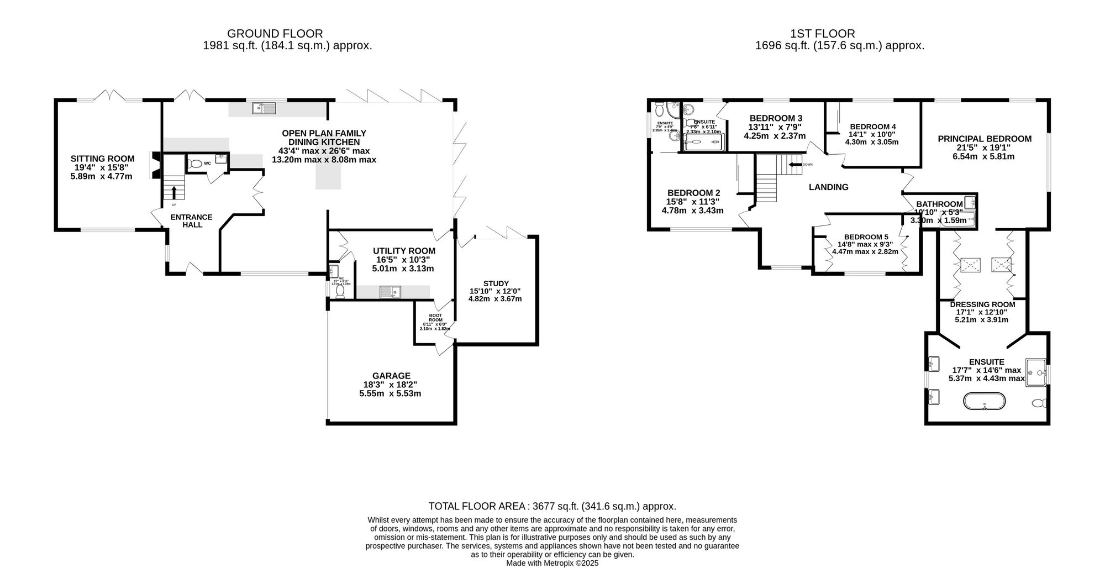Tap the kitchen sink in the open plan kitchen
coord(265,108)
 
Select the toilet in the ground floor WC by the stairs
coord(194,164)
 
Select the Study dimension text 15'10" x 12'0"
coord(495,291)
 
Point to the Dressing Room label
coord(982,304)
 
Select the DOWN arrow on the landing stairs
coord(795,164)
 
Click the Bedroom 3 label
coord(776,118)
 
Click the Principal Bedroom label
coord(984,139)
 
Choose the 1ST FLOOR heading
coord(839,34)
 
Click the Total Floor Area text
coord(552,506)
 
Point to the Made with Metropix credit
coord(552,563)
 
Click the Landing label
coord(828,187)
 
